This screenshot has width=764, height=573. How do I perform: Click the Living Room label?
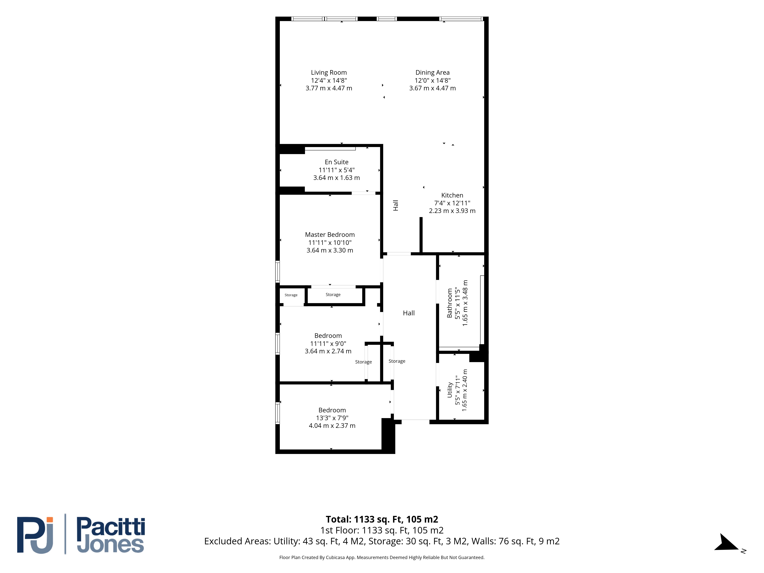tap(329, 73)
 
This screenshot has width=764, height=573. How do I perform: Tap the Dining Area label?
tap(432, 73)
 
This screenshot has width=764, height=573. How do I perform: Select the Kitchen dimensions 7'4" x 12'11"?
tap(452, 203)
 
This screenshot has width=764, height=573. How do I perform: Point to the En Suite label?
tap(336, 162)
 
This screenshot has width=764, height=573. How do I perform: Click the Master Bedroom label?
tap(330, 235)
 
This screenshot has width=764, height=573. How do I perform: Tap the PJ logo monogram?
tap(35, 535)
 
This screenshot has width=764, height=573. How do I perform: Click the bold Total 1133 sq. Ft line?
tap(382, 519)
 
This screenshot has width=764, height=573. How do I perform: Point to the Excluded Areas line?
tap(382, 541)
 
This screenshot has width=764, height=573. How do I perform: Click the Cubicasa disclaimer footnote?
tap(382, 558)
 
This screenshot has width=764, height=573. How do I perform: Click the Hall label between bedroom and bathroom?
tap(409, 313)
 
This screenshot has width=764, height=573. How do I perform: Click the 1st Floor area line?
tap(382, 530)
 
